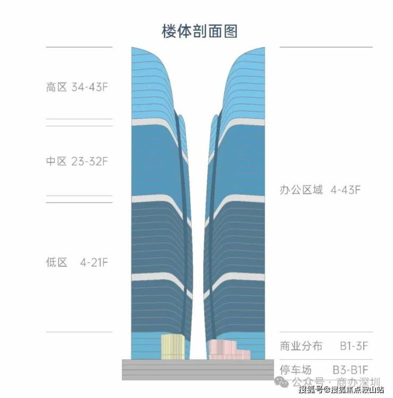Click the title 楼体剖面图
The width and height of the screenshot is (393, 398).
click(x=200, y=31)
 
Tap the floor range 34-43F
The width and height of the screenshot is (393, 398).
click(x=90, y=87)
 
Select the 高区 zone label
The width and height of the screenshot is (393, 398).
click(x=56, y=87)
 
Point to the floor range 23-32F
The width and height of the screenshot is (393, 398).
click(x=90, y=161)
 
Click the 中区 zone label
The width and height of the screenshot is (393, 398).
click(x=56, y=161)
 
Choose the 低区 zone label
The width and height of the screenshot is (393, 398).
click(x=56, y=262)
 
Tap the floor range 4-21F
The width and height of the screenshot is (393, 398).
click(x=94, y=262)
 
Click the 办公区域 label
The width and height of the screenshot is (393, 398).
click(x=301, y=190)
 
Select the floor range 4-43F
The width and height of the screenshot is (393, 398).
click(x=345, y=190)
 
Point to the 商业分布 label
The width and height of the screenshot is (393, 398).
click(x=301, y=346)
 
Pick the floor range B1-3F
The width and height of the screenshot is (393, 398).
click(x=354, y=346)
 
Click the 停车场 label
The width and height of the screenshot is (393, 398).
click(x=296, y=370)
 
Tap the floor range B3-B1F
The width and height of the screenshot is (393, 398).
click(x=351, y=370)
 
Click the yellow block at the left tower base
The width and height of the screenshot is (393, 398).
click(x=173, y=347)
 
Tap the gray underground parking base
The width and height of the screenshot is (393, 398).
click(x=198, y=369)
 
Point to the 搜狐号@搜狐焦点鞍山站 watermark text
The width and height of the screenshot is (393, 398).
click(x=341, y=390)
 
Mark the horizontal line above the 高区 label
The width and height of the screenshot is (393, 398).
click(x=79, y=47)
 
